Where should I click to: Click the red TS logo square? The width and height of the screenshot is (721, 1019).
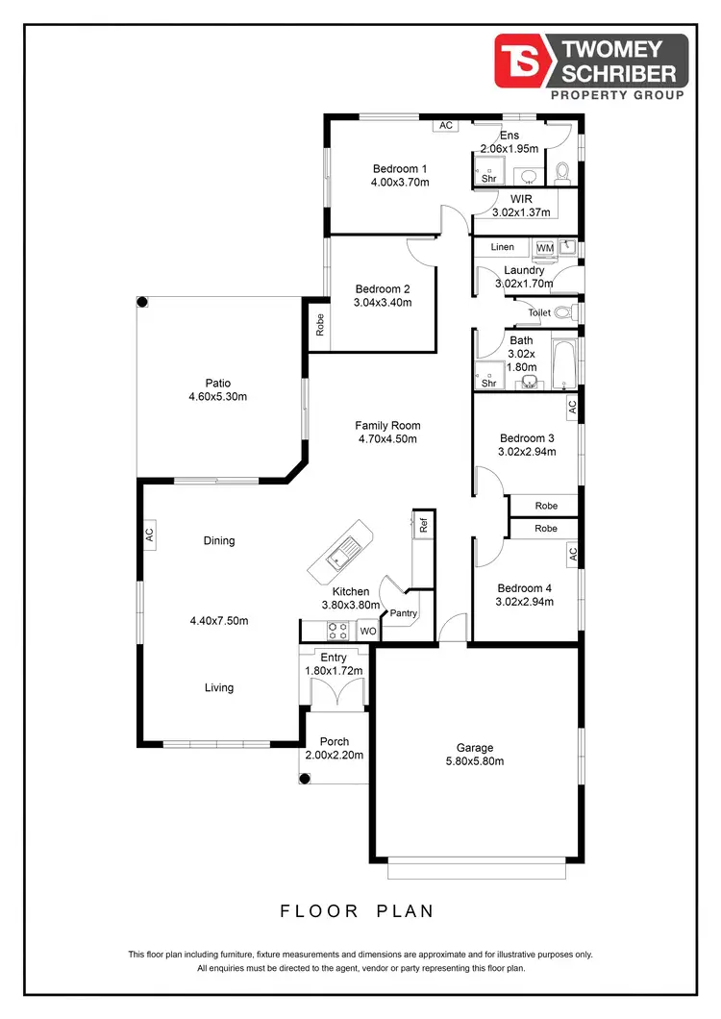click(520, 60)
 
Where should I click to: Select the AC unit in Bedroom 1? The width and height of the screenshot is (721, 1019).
click(444, 126)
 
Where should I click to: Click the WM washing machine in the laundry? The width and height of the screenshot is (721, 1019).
click(545, 248)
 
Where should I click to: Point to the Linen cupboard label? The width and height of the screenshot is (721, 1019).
click(502, 248)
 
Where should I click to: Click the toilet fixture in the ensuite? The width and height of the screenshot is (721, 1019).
click(563, 172)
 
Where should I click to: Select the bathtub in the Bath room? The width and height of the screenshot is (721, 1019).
click(564, 362)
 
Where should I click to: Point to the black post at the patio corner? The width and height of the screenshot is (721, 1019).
click(141, 302)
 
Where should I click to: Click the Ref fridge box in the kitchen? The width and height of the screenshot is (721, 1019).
click(421, 526)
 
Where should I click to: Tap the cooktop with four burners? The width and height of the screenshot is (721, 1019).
click(338, 631)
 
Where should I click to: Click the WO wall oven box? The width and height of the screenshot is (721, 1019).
click(366, 632)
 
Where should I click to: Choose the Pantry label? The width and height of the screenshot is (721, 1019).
click(404, 612)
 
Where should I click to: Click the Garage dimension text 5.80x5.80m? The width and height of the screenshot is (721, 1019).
click(475, 761)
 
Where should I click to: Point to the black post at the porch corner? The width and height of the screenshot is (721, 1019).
click(305, 778)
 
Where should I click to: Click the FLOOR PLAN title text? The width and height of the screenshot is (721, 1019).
click(358, 910)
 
